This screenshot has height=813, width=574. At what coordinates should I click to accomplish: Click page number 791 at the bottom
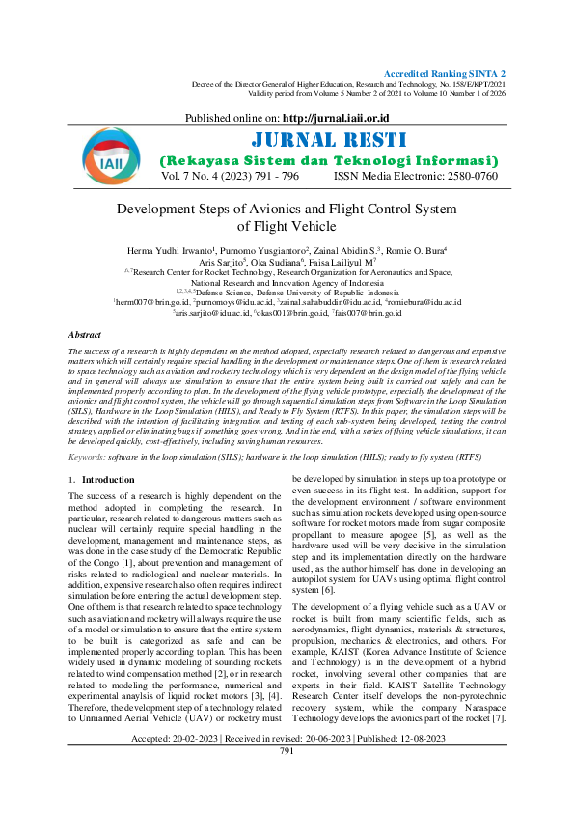point(287,778)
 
